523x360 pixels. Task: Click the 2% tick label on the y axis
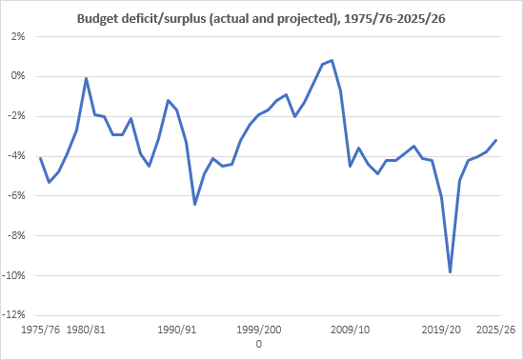(19, 36)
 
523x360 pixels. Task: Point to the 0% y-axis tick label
(19, 76)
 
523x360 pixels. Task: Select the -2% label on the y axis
(17, 116)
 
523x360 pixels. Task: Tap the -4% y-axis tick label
(17, 156)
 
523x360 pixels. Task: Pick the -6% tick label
(17, 196)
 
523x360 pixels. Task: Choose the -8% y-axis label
(17, 236)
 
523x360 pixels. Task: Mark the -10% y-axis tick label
(15, 276)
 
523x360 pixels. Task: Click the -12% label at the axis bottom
(15, 316)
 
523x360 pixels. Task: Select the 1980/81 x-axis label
(86, 329)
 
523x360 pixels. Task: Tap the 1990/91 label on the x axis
(177, 329)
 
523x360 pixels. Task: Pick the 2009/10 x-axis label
(351, 329)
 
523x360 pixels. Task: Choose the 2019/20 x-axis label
(441, 329)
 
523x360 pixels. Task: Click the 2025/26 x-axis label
(495, 329)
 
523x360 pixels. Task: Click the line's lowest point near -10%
(451, 272)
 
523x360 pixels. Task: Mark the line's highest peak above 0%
(332, 60)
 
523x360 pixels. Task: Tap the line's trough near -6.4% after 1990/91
(195, 204)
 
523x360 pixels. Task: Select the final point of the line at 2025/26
(495, 140)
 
